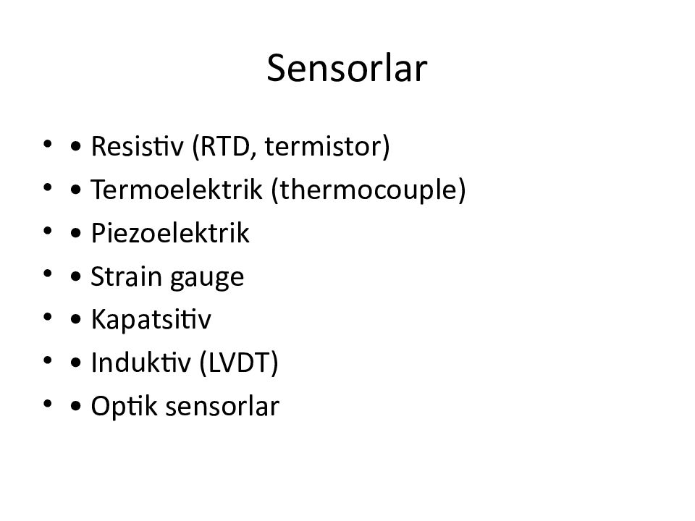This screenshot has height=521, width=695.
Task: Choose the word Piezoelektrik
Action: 171,234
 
